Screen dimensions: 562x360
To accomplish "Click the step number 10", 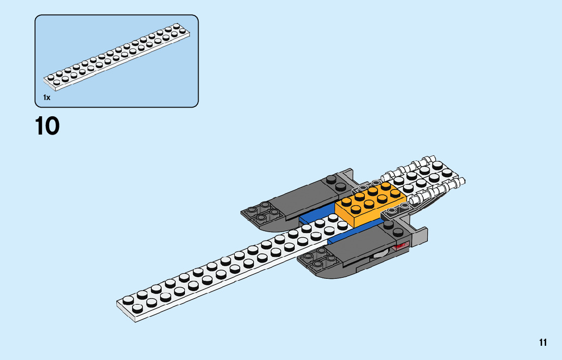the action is tap(47, 126).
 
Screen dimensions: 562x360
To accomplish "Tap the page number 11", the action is tap(543, 342).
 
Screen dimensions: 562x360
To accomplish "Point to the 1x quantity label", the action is tap(47, 97).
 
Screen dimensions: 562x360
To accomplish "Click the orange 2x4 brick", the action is tap(370, 203).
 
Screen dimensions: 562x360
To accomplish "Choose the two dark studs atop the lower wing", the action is tap(392, 227).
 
